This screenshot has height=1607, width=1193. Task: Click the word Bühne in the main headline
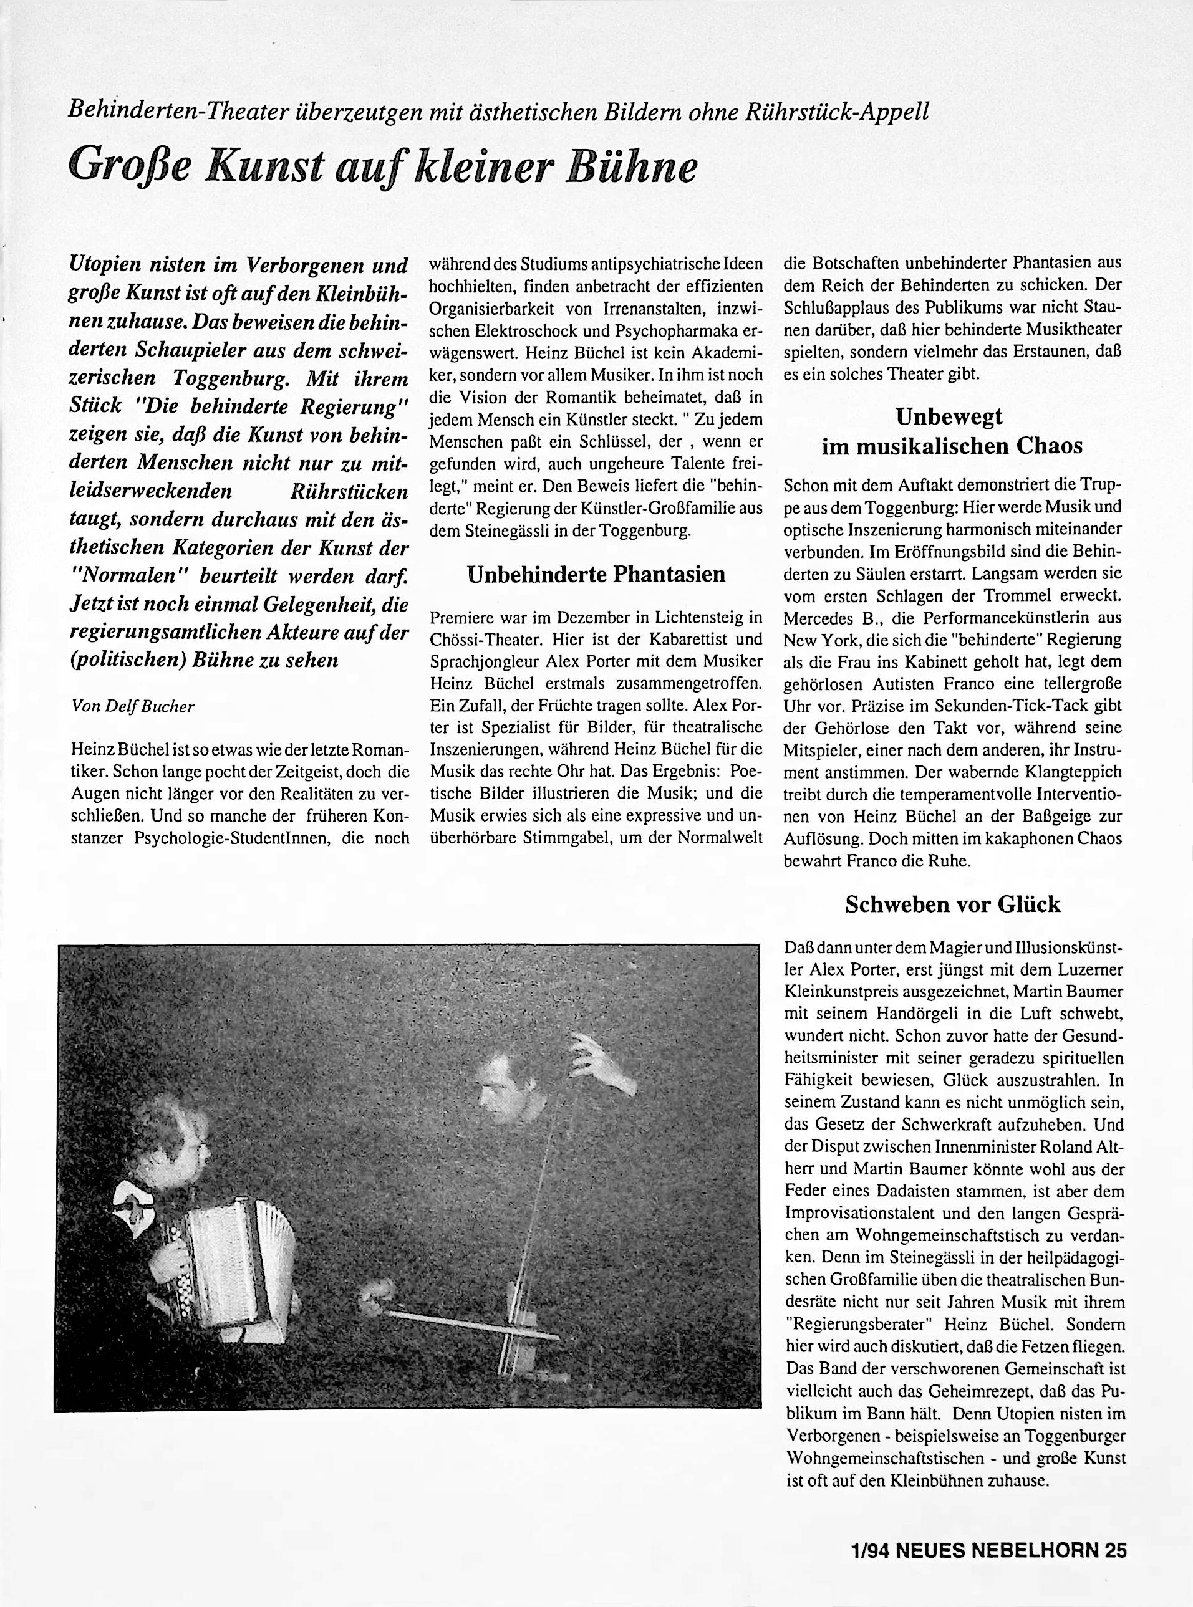point(634,167)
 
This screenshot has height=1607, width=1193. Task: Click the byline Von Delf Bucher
point(133,707)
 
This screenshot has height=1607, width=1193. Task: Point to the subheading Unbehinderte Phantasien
point(596,575)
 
